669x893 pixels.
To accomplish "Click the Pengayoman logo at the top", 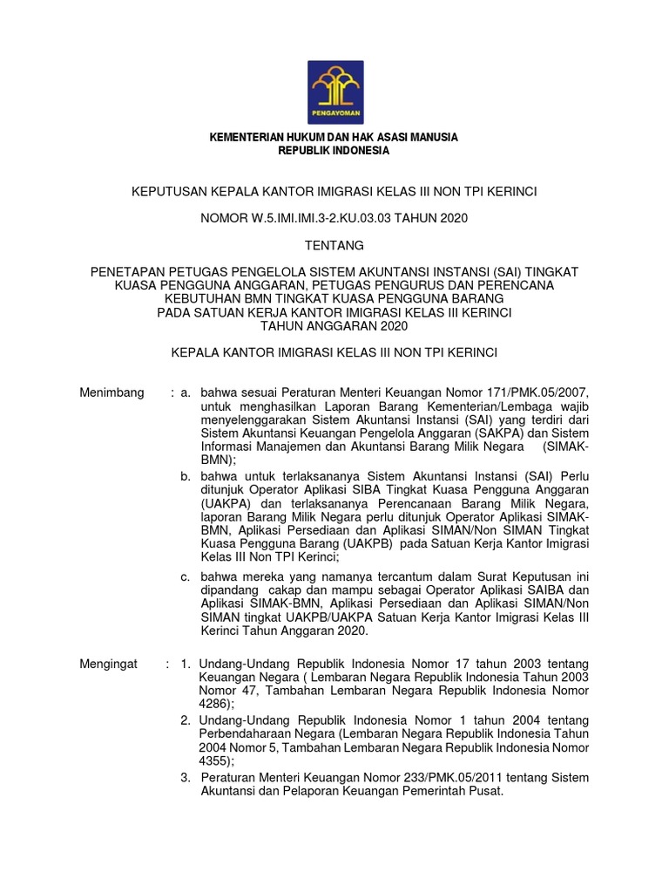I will tap(335, 90).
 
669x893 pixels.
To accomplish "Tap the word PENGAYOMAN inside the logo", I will tap(335, 113).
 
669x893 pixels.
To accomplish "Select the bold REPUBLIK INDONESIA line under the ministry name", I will tap(334, 151).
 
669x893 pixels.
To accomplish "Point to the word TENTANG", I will tap(334, 245).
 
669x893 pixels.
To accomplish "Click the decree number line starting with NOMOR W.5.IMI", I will tap(334, 218).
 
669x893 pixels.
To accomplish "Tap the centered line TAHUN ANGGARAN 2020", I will tap(334, 326).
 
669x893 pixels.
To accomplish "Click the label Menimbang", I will tap(111, 392).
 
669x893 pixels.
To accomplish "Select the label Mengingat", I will tap(109, 664).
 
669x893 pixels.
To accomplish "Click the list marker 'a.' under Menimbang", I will tap(186, 392).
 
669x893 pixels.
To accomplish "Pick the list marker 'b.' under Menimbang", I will tap(186, 476).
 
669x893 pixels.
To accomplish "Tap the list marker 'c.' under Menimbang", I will tap(186, 576).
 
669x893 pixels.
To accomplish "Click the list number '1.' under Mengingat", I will tap(185, 664).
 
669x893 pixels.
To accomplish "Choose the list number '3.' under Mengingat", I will tap(185, 777).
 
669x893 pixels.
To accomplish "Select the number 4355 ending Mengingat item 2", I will tap(214, 760).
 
